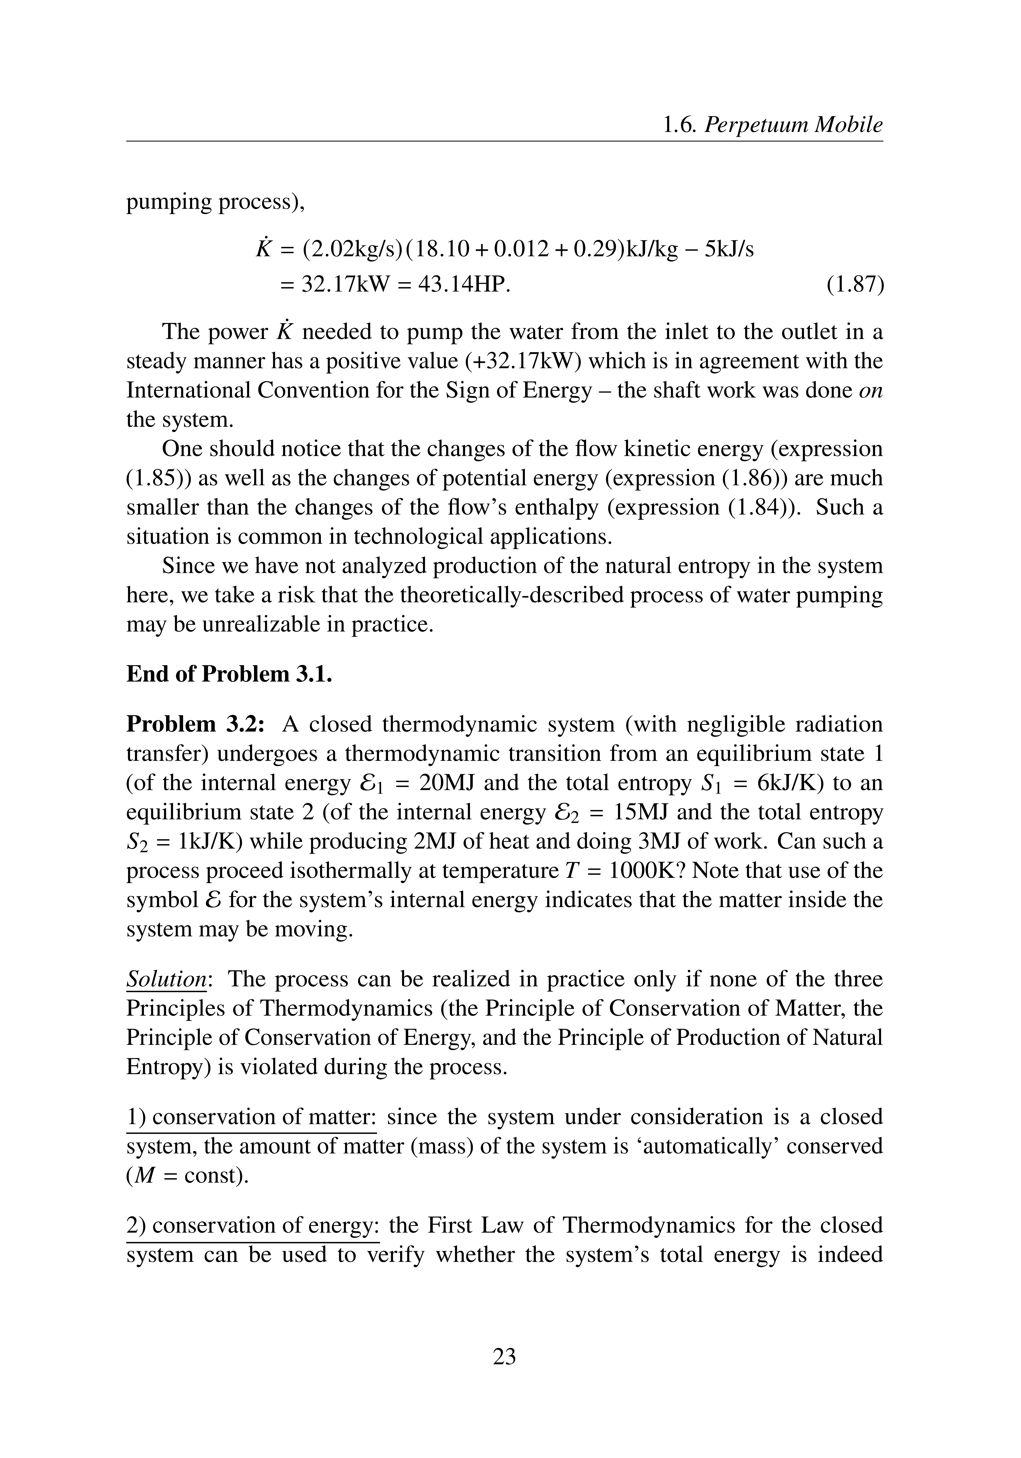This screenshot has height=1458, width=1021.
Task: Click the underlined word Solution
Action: point(167,979)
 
